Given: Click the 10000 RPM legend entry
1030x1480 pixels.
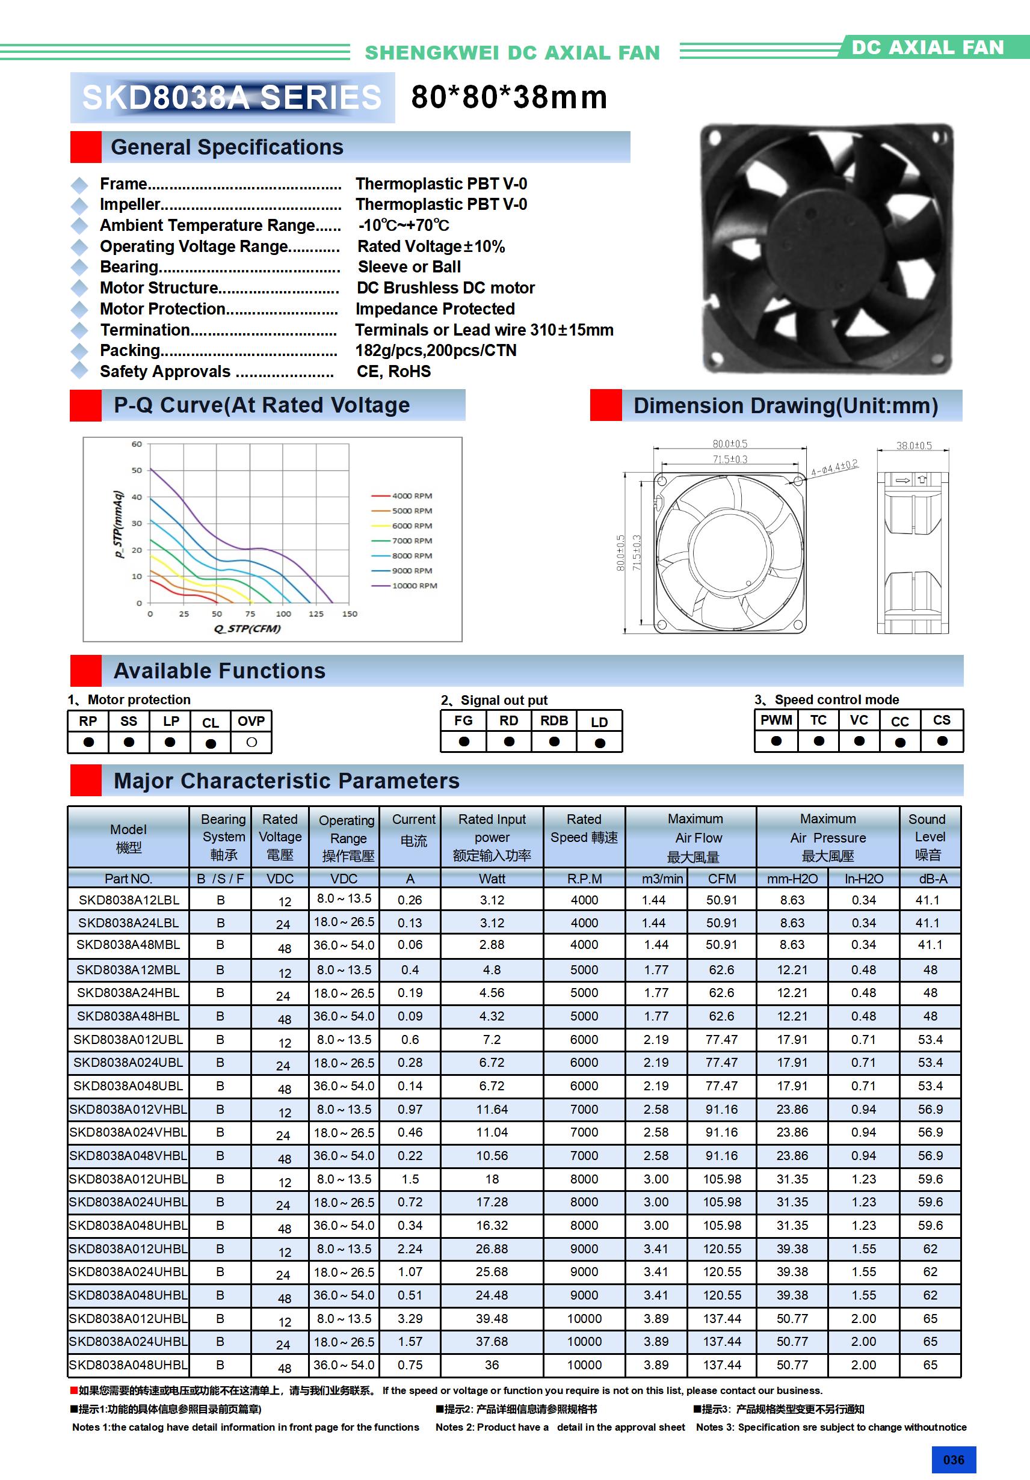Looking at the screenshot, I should pos(414,585).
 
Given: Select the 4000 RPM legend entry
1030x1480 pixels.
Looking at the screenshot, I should pos(412,496).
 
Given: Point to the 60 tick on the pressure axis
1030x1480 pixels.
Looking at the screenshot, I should pos(137,444).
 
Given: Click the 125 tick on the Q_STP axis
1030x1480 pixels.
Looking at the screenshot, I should pos(316,613).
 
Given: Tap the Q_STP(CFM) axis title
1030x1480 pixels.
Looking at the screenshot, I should pos(247,628).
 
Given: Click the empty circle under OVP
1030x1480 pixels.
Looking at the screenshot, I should pos(251,743).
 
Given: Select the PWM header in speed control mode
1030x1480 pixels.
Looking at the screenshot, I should pos(776,720).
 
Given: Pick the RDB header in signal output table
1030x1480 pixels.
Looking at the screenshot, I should pos(554,720).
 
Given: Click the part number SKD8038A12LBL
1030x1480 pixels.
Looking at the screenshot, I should pos(128,900).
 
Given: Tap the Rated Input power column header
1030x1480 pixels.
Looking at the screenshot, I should pos(492,837).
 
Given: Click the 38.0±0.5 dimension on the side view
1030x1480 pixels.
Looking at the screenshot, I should pos(913,446).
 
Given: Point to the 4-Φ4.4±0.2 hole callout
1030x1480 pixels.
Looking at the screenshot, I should pos(834,468).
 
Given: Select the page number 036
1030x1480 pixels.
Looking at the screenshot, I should pos(953,1460).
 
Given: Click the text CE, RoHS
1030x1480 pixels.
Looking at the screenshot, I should pos(393,371).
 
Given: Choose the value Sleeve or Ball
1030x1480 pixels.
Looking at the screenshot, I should pos(409,267).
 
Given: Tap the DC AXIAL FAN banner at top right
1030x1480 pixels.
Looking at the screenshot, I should pos(928,47).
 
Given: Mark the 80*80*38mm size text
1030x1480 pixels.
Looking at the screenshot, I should pos(509,97).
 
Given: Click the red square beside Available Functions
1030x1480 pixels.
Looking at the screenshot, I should pos(86,671).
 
